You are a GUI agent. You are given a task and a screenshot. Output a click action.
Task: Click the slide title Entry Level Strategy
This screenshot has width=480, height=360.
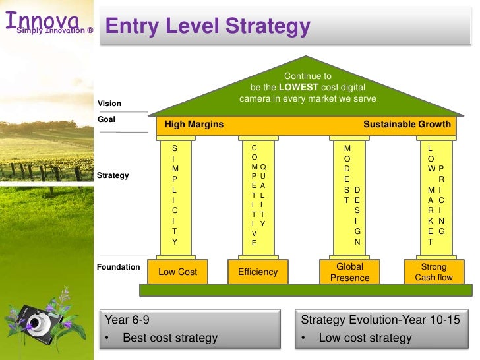(x=208, y=27)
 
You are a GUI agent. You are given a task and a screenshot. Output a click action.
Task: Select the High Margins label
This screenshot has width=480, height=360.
(x=194, y=124)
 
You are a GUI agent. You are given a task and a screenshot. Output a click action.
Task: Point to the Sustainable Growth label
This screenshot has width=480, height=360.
(x=407, y=124)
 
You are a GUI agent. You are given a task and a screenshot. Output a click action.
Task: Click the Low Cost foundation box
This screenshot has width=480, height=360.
(x=177, y=272)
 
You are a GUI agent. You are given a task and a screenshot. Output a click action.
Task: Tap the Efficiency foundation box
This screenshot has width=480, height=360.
(x=258, y=272)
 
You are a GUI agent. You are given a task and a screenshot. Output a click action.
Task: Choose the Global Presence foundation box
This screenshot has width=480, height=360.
(x=349, y=272)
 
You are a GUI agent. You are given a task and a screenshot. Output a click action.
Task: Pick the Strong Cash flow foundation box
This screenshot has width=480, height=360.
(x=433, y=272)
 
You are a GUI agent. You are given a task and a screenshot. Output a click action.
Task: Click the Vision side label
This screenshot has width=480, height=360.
(x=109, y=104)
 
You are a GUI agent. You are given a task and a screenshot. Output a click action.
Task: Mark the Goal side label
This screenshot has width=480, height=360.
(x=106, y=119)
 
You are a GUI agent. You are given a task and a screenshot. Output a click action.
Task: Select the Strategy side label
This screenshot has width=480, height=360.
(x=112, y=176)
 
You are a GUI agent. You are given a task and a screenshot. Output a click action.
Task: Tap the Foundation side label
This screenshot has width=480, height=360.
(x=118, y=267)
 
